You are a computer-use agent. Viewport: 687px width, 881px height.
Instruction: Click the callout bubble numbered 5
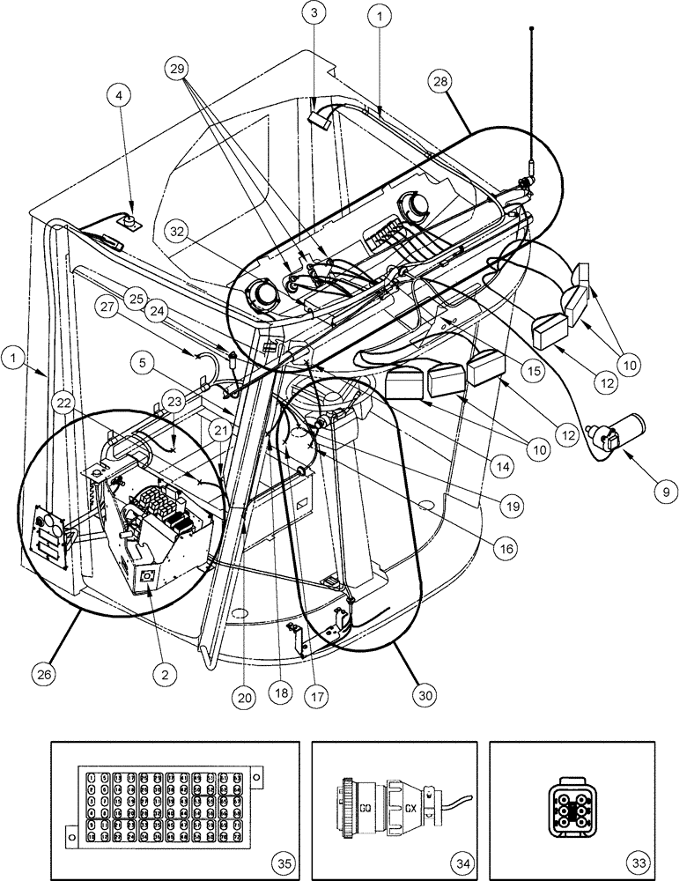tap(144, 360)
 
